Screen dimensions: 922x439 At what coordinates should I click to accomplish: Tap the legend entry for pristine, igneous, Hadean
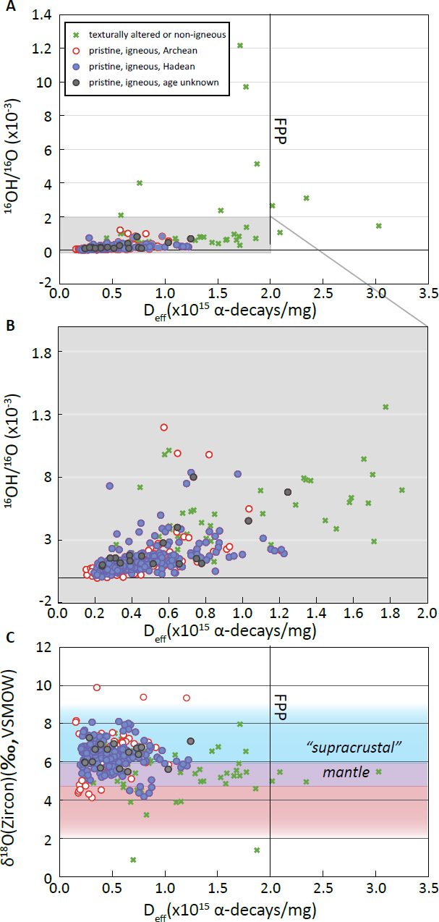[x=137, y=67]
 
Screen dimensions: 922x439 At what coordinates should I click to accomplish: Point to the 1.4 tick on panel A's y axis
[x=40, y=14]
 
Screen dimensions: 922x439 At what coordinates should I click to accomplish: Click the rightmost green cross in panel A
[x=378, y=226]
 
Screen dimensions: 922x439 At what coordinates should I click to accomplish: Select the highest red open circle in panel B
[x=164, y=427]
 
